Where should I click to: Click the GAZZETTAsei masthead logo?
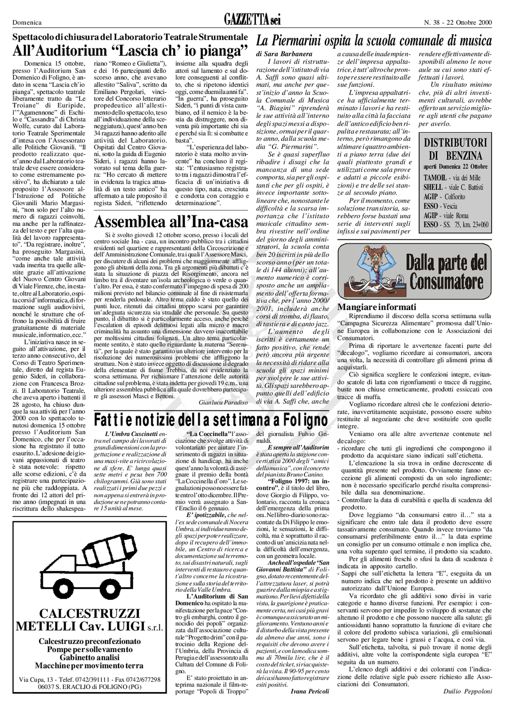click(252, 21)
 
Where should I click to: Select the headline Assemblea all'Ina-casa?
click(171, 222)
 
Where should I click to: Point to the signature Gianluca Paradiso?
click(223, 402)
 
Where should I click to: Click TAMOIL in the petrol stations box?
click(435, 178)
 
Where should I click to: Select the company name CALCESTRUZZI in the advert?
click(90, 614)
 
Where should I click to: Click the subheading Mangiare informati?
click(377, 307)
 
